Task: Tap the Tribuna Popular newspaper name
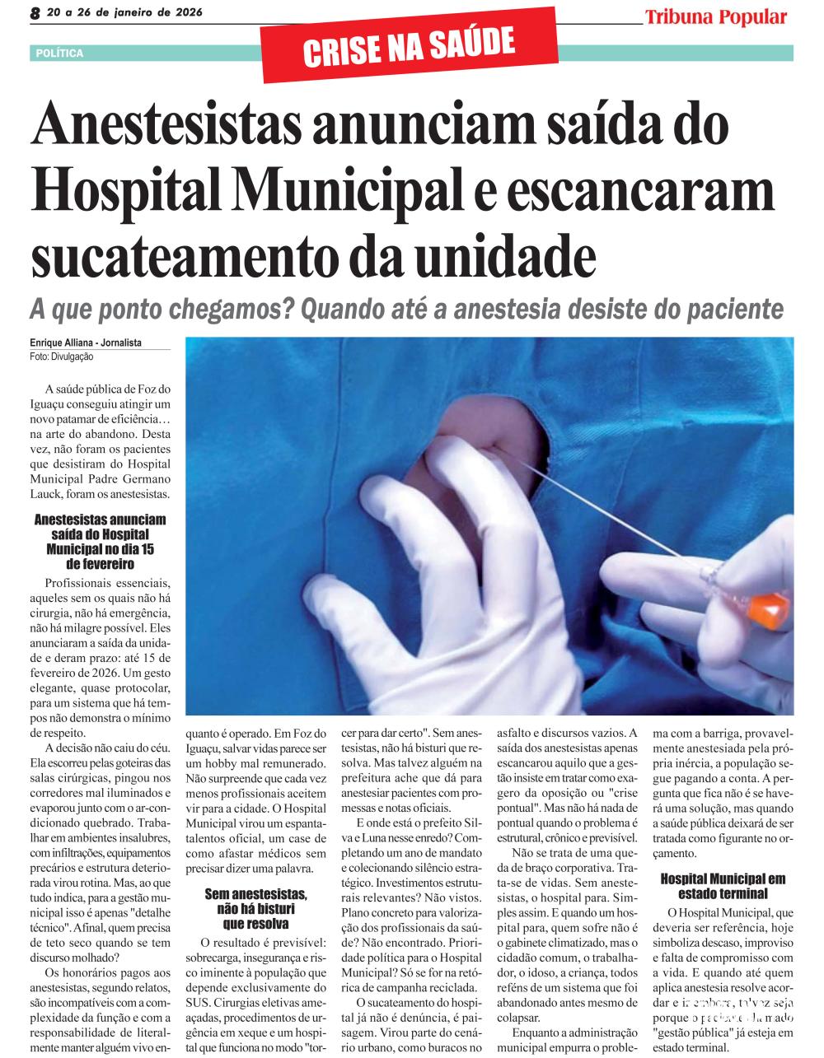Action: tap(715, 17)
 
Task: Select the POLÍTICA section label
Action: tap(60, 54)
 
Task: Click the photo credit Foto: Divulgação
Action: tap(63, 357)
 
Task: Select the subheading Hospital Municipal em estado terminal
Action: tap(723, 886)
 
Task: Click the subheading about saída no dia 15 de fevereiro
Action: tap(101, 542)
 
